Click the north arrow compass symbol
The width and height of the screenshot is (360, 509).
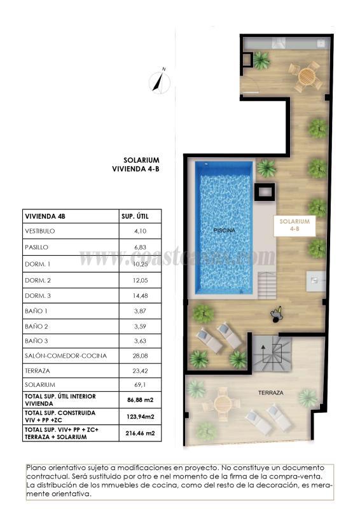(x=159, y=81)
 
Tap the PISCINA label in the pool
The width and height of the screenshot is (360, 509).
(x=224, y=230)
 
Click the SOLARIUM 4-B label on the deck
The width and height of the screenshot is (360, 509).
(x=294, y=225)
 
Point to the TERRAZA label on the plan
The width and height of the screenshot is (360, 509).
(x=271, y=393)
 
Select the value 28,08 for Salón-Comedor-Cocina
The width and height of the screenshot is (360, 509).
(x=140, y=355)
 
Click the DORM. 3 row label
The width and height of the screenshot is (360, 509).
(x=37, y=293)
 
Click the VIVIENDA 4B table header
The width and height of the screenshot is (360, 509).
(x=45, y=216)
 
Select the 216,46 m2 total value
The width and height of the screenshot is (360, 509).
(x=140, y=433)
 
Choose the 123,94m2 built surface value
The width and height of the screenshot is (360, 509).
(x=140, y=416)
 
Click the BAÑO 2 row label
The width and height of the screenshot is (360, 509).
(x=36, y=324)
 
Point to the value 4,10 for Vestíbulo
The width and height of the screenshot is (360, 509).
(x=140, y=232)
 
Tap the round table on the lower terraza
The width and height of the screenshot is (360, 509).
(x=222, y=404)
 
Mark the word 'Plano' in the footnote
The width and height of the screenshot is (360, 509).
(x=37, y=467)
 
